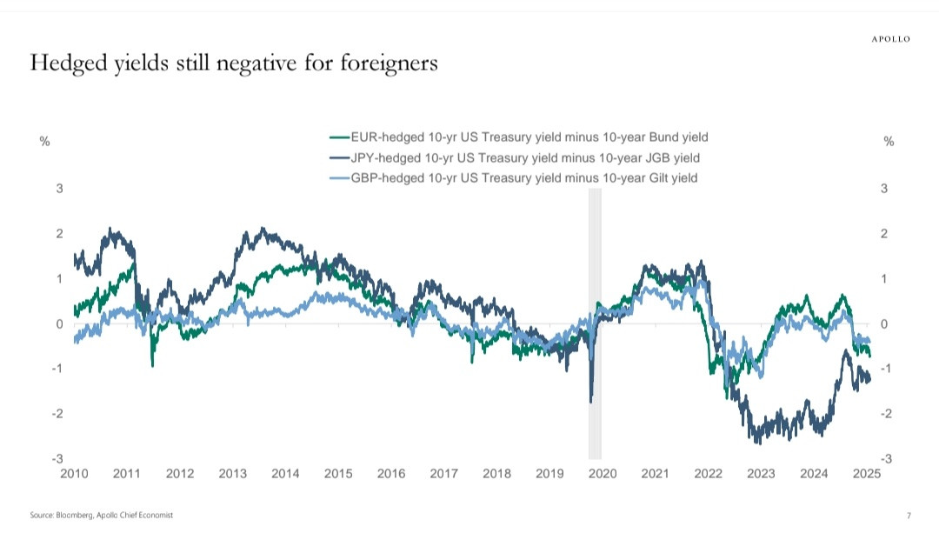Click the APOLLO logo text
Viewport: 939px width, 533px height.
891,38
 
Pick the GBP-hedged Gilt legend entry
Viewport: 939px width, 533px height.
514,178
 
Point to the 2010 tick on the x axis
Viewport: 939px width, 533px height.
74,474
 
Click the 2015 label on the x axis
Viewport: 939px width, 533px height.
338,474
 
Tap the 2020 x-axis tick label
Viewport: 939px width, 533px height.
603,474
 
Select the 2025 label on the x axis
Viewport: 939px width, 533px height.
867,474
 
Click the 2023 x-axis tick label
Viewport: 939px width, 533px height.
761,474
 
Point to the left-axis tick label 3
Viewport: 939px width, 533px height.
59,189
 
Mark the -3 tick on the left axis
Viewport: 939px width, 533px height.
57,458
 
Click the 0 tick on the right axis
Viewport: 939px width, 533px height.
883,323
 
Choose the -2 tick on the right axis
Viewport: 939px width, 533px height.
886,414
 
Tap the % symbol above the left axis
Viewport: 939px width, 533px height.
44,142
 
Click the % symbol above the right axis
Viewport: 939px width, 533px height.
889,142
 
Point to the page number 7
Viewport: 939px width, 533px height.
908,516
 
